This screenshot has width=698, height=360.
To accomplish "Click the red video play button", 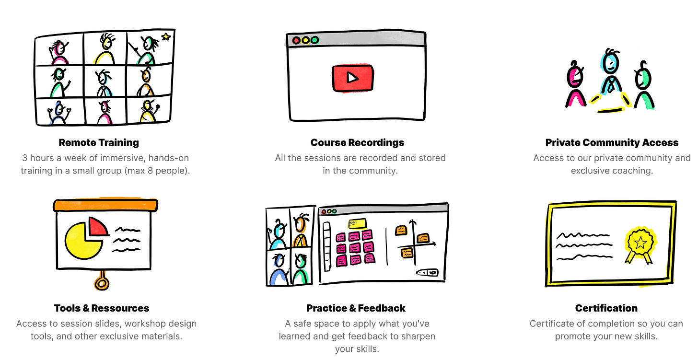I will pos(352,77).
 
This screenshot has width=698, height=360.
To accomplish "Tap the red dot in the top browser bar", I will pos(296,40).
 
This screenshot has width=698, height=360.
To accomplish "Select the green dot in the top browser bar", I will pos(314,40).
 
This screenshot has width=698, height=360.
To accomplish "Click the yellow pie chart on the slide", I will pos(82,241).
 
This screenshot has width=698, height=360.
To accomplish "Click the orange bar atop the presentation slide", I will pos(105,205).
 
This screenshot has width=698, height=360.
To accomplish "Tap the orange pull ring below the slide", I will pos(101,283).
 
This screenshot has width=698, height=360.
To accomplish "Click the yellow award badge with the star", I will pos(640,242).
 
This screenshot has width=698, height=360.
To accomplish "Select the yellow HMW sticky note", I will pos(357,223).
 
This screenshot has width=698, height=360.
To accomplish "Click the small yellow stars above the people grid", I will pos(166,35).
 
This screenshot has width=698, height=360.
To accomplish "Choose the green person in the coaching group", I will pos(646,90).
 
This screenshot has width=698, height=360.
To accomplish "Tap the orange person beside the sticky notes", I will pos(300,232).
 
